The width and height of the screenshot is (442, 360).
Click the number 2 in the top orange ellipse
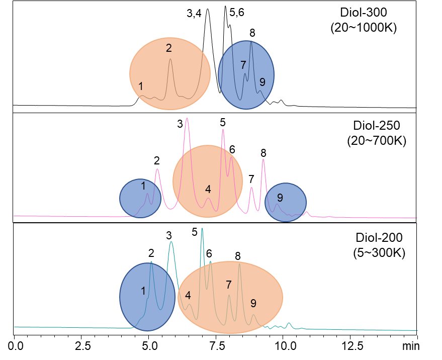tap(169, 48)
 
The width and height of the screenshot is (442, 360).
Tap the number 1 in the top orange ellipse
tap(141, 86)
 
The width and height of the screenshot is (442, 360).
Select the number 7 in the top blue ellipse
tap(243, 65)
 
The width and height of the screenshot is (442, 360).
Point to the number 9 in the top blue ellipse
tap(262, 82)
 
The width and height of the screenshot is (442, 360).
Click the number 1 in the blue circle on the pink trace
tap(143, 186)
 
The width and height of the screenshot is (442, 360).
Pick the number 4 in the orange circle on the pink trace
tap(208, 190)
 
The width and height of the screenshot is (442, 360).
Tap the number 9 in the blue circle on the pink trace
tap(280, 198)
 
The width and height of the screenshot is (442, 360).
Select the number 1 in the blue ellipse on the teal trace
tap(143, 291)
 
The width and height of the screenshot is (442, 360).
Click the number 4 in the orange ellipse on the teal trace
tap(188, 296)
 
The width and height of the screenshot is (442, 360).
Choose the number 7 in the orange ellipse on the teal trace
tap(228, 285)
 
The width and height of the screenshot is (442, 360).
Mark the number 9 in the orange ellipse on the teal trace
tap(253, 303)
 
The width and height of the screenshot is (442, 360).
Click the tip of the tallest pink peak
tap(187, 119)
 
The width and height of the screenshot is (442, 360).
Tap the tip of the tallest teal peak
tap(202, 229)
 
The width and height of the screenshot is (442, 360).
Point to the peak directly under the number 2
tap(170, 59)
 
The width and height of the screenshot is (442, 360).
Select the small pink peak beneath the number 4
tap(208, 199)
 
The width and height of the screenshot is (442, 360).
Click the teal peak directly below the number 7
tap(229, 295)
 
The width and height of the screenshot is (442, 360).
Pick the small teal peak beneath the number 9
tap(254, 315)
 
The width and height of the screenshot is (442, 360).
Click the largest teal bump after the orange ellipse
tap(289, 323)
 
